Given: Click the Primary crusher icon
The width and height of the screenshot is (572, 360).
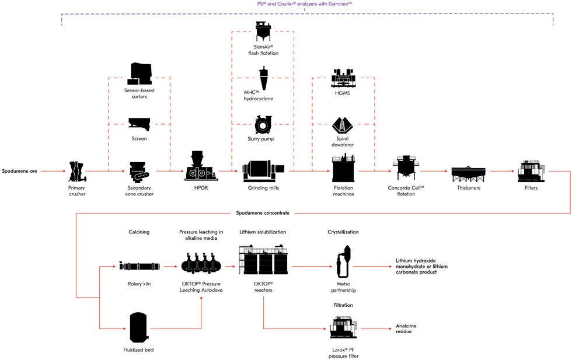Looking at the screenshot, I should coord(77,171).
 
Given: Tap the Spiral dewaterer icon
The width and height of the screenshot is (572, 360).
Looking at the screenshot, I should coord(343,125).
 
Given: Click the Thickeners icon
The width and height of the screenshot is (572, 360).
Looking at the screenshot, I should coord(469,173).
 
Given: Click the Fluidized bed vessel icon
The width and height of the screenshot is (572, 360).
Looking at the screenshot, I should coord(138,326).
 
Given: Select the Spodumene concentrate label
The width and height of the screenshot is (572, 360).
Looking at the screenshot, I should coord(263,213).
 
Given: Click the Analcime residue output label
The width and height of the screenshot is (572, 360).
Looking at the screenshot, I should coord(404,328).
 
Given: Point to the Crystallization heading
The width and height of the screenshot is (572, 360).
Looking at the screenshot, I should coord(343,232).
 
